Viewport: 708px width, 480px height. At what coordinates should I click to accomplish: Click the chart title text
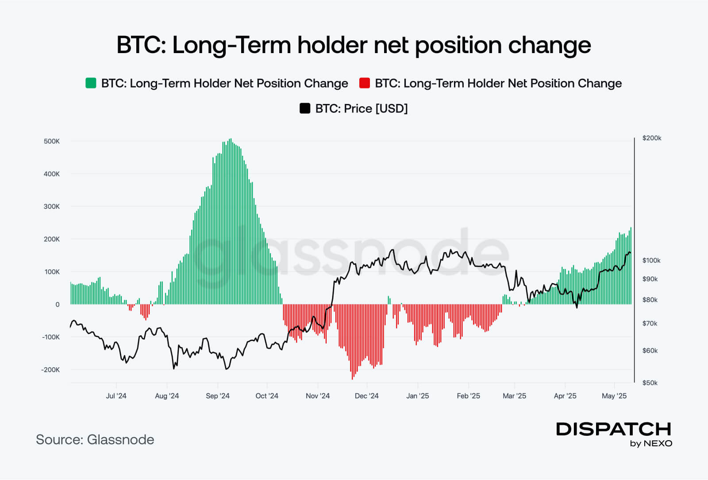[354, 45]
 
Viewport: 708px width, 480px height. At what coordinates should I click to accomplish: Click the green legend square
[91, 83]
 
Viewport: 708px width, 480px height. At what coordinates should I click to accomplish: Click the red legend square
[365, 83]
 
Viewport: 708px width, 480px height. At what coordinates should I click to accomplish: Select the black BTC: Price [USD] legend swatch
[305, 108]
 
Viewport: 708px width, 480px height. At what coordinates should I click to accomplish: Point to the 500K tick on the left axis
[52, 141]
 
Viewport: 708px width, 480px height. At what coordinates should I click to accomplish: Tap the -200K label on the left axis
[50, 369]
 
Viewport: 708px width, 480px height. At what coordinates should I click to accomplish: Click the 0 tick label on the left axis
[58, 304]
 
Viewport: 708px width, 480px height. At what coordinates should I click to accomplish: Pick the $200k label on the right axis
[652, 138]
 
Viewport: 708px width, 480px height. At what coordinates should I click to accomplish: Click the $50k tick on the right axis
[650, 383]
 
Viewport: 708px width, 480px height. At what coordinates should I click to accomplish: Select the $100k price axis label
[651, 260]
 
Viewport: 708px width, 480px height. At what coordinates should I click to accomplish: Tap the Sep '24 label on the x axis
[218, 396]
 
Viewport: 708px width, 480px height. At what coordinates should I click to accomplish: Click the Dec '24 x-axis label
[367, 396]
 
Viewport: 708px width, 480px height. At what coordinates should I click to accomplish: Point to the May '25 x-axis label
[614, 396]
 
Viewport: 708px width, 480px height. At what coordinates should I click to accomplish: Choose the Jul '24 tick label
[116, 396]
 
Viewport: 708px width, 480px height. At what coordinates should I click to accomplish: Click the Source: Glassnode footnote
[95, 439]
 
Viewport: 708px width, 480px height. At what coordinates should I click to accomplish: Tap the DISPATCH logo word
[614, 429]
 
